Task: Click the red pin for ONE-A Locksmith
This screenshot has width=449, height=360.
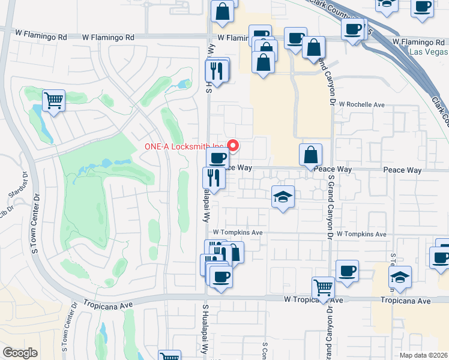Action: [234, 145]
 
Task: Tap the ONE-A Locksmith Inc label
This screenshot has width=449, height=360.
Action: [184, 146]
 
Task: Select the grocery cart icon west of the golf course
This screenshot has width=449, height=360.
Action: [53, 100]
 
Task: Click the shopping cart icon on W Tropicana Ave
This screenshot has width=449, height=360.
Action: [324, 287]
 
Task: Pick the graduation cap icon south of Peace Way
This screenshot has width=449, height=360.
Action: [283, 196]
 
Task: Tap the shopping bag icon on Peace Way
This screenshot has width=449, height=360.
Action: [310, 154]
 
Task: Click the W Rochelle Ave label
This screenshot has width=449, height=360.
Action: [361, 104]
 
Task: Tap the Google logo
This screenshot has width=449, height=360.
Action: [20, 353]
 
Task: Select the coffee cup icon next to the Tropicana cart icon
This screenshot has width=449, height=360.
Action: [347, 270]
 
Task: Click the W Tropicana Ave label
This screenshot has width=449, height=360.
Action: [313, 300]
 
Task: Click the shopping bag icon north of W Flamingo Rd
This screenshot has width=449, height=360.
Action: [222, 11]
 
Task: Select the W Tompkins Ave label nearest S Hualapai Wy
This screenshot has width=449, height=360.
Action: [238, 232]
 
